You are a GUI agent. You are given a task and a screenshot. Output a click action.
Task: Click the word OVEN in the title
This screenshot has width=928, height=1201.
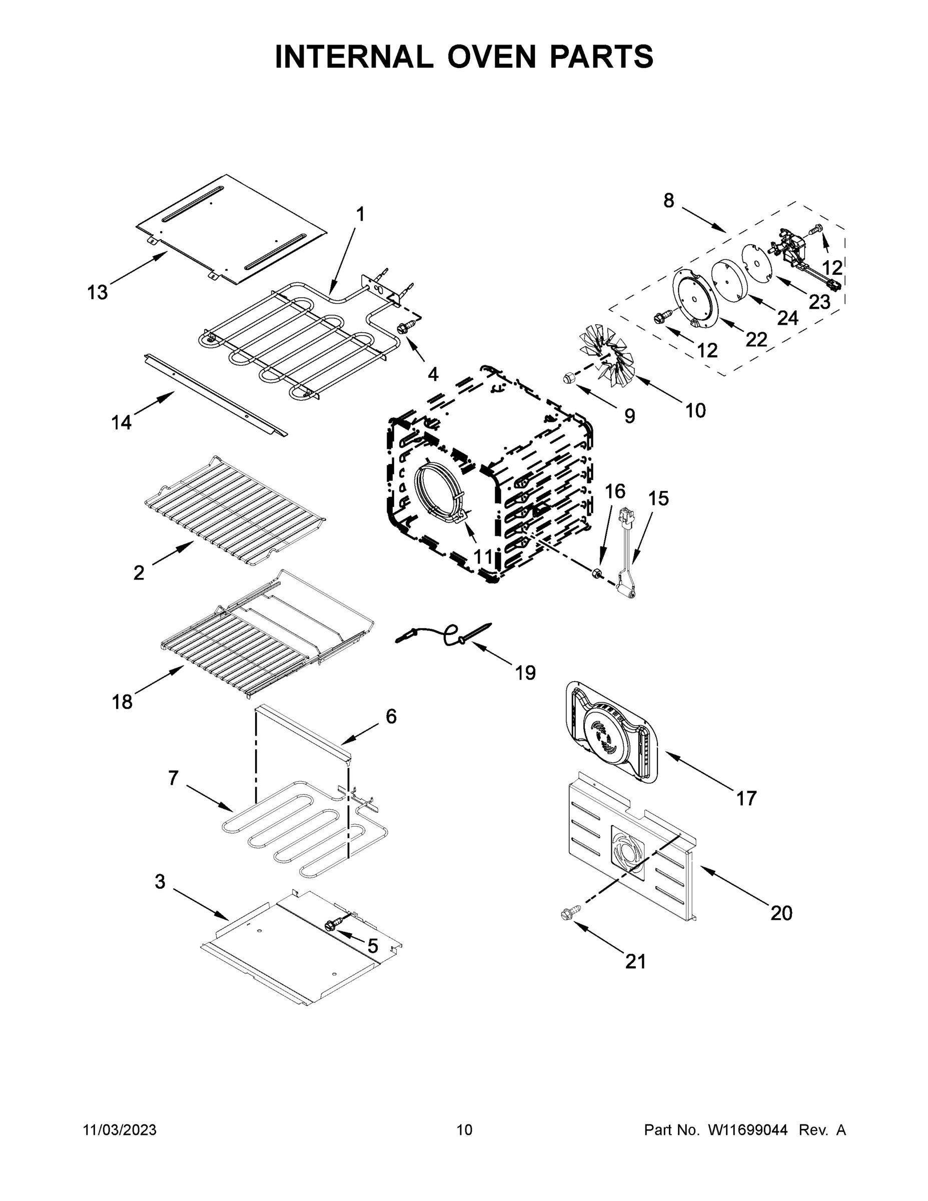491,57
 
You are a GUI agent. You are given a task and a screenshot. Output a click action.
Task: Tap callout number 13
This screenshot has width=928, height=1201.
98,293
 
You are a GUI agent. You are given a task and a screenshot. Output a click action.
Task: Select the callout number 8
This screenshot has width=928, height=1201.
668,201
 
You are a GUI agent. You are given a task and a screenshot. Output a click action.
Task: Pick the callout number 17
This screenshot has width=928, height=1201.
746,798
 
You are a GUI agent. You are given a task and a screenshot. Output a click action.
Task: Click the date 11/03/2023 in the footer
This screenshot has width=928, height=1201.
119,1130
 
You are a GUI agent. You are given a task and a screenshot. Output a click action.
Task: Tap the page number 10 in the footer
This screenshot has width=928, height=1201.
464,1130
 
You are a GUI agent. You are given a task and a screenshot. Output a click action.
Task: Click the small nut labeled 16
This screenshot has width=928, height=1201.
596,574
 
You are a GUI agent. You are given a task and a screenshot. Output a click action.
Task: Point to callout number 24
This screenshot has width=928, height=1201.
787,318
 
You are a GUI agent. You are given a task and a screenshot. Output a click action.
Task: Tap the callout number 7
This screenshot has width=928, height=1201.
173,778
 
